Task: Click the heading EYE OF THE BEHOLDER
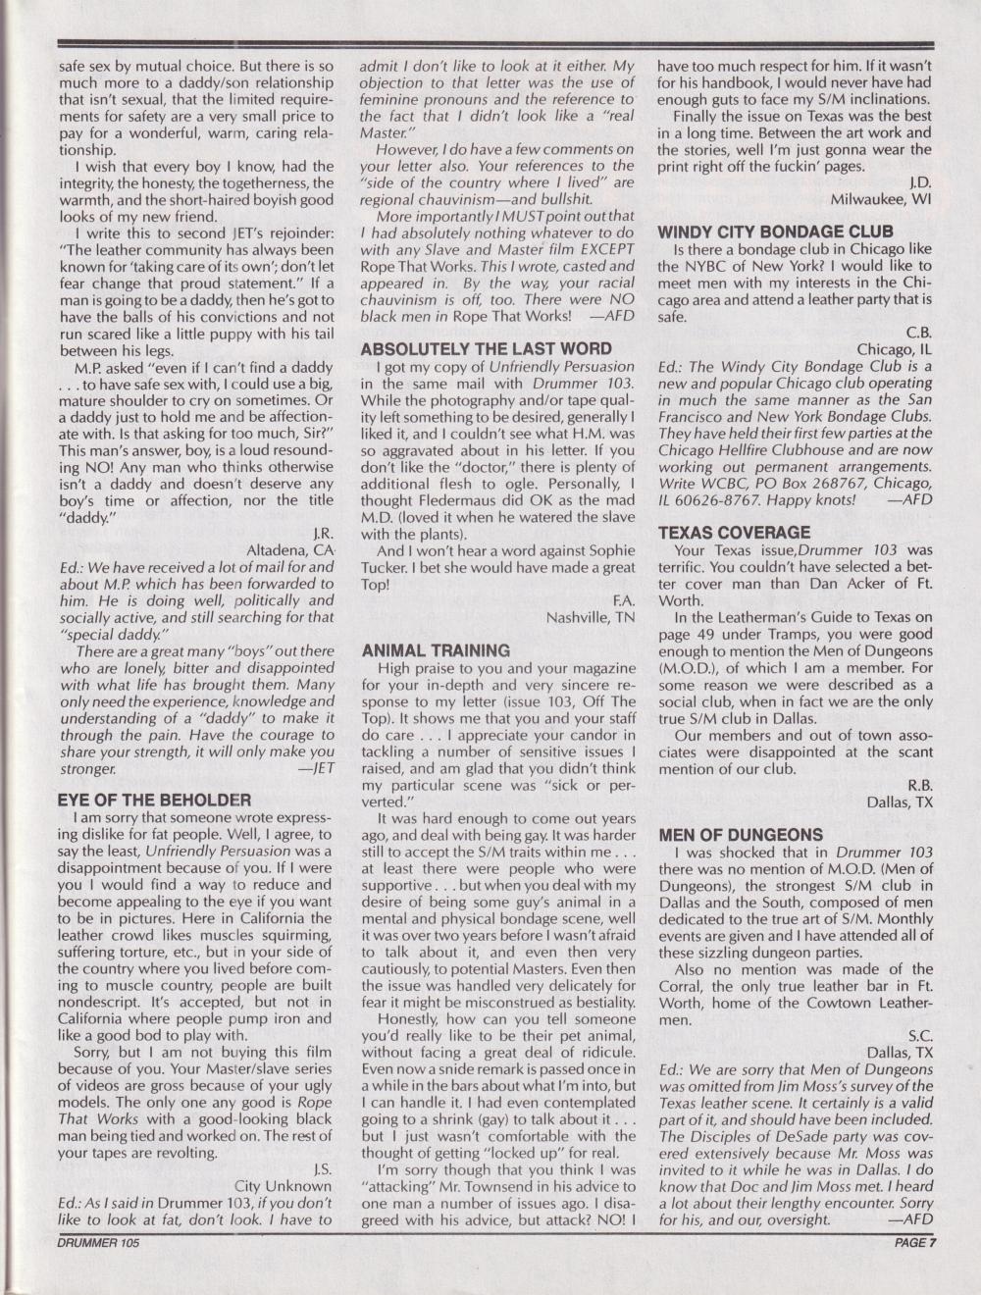[x=155, y=801]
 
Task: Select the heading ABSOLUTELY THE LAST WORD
[x=487, y=349]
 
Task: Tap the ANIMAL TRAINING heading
[x=436, y=650]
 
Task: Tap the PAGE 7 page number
[x=916, y=1241]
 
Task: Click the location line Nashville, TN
[x=591, y=617]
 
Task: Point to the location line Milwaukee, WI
[x=882, y=199]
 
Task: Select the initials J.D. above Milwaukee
[x=920, y=182]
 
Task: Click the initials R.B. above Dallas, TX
[x=918, y=785]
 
